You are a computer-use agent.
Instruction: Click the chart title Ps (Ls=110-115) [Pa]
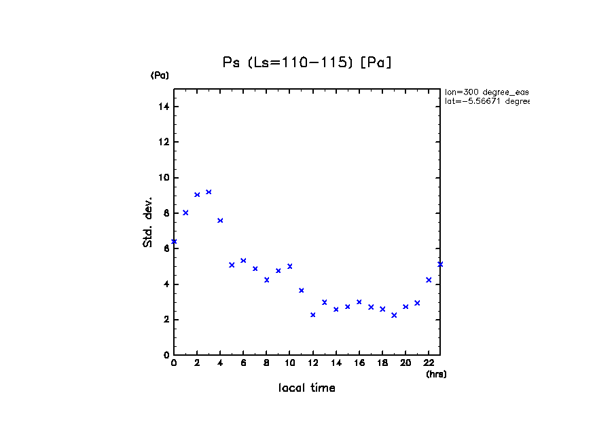point(307,62)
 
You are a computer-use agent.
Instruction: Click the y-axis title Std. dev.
point(148,222)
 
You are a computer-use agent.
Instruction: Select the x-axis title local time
point(306,388)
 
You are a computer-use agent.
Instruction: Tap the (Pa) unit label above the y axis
point(160,75)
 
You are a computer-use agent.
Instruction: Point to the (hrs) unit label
point(436,374)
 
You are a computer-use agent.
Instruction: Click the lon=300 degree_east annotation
point(486,92)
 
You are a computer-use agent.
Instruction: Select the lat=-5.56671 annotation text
point(486,101)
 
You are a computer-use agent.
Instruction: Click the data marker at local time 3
point(209,192)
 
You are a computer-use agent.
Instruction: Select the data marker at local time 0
point(174,242)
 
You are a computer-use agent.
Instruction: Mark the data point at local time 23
point(440,264)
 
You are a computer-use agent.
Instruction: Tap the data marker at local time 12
point(312,315)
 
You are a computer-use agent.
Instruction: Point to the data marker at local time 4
point(220,221)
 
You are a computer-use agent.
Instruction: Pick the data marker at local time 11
point(301,291)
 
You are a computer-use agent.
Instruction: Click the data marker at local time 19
point(394,315)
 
